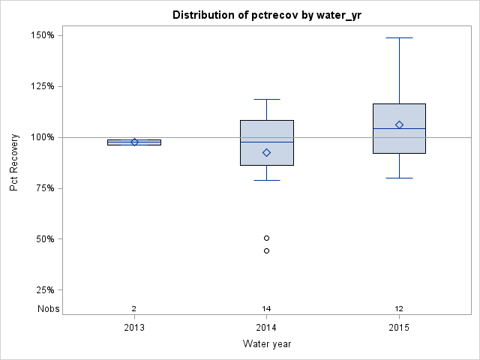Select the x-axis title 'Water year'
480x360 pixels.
click(266, 343)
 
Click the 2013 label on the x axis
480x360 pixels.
click(134, 327)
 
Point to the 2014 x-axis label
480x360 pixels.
click(266, 327)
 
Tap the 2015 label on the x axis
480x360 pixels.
click(399, 327)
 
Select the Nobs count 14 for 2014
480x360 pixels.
click(266, 308)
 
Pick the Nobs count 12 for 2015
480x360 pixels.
click(399, 308)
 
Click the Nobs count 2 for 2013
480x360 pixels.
click(134, 308)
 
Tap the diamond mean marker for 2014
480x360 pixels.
click(266, 152)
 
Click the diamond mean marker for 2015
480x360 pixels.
click(399, 124)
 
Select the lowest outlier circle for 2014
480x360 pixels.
click(266, 250)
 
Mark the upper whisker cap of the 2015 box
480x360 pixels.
click(399, 37)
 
